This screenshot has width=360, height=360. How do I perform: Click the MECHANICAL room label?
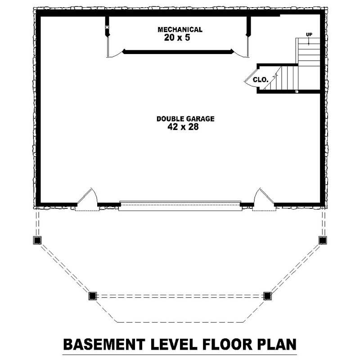[180, 30]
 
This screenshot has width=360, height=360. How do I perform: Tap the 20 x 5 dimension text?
[177, 38]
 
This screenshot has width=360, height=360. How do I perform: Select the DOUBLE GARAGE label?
[185, 119]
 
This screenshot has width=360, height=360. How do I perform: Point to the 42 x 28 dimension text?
[183, 127]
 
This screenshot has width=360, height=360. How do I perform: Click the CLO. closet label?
[261, 80]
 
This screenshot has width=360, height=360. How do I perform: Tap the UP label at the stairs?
[309, 35]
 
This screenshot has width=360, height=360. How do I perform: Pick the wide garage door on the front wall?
[180, 206]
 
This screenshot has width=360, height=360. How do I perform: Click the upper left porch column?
[37, 240]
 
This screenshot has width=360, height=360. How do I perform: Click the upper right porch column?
[323, 240]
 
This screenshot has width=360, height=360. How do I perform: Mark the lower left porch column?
[93, 296]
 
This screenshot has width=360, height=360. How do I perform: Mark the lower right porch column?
[267, 296]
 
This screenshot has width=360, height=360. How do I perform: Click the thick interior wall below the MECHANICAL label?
[178, 52]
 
